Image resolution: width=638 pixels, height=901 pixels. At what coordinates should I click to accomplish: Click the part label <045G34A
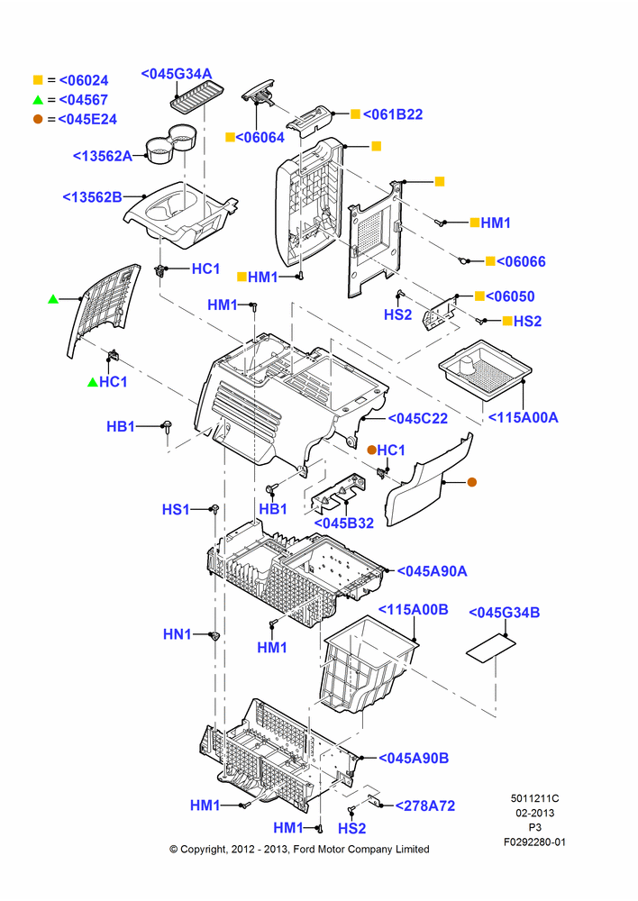pyautogui.click(x=177, y=74)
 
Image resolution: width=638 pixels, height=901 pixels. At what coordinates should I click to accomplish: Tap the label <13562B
pyautogui.click(x=92, y=197)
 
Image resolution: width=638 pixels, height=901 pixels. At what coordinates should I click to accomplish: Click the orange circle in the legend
pyautogui.click(x=38, y=119)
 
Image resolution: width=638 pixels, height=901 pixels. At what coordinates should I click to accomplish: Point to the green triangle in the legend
pyautogui.click(x=38, y=100)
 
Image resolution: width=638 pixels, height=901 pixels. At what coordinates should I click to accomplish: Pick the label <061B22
pyautogui.click(x=393, y=115)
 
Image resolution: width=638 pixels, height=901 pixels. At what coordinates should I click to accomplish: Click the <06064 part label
pyautogui.click(x=260, y=137)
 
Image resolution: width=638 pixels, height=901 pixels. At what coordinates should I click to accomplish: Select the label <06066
pyautogui.click(x=521, y=261)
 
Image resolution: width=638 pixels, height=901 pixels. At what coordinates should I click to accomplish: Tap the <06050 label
pyautogui.click(x=510, y=296)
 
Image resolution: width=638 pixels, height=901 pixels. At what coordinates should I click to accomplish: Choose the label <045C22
pyautogui.click(x=418, y=419)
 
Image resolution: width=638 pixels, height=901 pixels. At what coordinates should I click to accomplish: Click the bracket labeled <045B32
pyautogui.click(x=337, y=494)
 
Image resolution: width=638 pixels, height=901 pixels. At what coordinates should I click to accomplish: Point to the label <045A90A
pyautogui.click(x=432, y=571)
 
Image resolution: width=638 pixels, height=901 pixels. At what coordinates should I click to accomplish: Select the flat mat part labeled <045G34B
pyautogui.click(x=490, y=649)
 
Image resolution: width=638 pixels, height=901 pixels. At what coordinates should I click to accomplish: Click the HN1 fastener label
pyautogui.click(x=177, y=634)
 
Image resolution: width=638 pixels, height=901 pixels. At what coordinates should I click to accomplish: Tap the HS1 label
pyautogui.click(x=176, y=510)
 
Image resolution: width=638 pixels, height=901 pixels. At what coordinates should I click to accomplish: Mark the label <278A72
pyautogui.click(x=424, y=806)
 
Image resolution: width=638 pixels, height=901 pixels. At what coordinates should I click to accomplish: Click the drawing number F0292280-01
pyautogui.click(x=534, y=842)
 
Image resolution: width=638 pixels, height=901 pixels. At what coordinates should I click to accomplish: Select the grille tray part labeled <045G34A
pyautogui.click(x=197, y=96)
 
